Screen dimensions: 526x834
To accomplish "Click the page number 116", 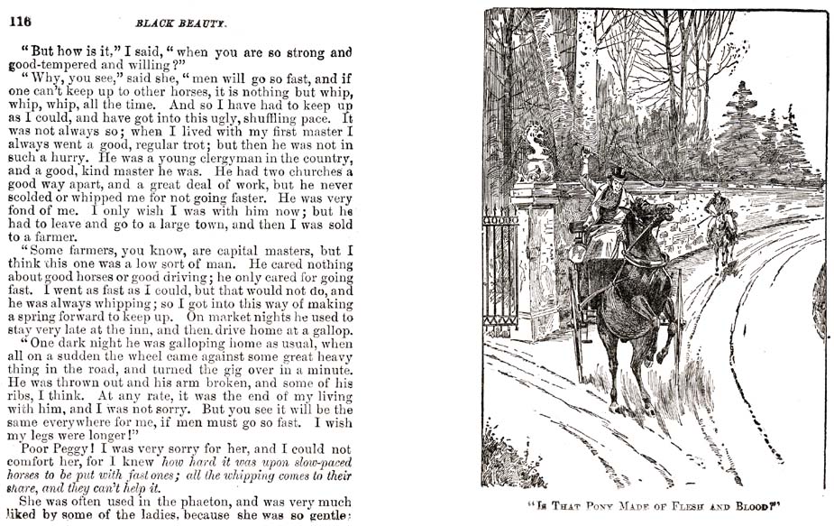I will (21, 23).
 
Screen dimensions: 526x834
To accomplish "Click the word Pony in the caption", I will (611, 506).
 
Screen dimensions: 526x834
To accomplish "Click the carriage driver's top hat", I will (619, 172).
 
